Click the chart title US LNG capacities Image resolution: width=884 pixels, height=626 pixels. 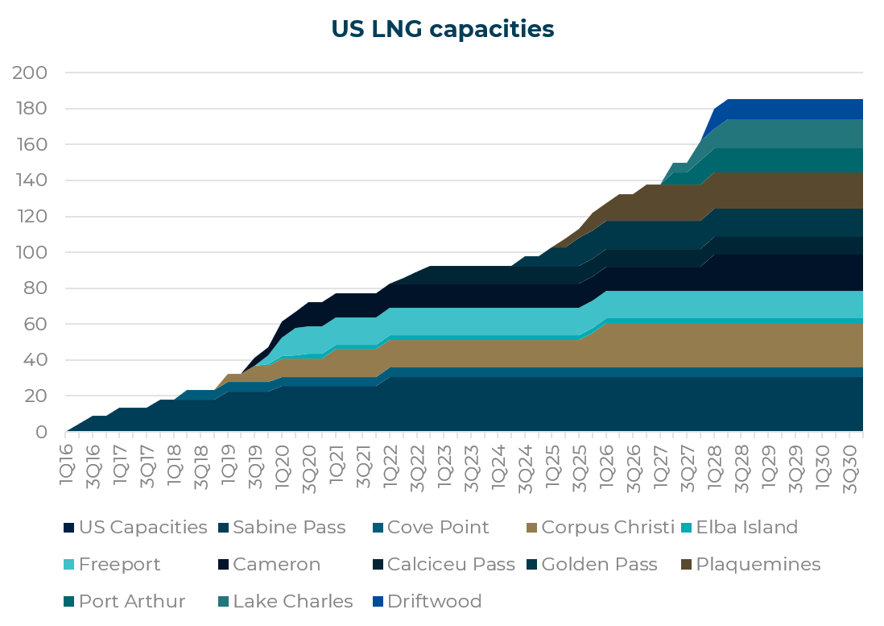(x=442, y=29)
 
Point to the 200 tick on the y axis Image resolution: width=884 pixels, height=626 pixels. (x=31, y=73)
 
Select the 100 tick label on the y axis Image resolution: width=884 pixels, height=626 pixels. (x=31, y=253)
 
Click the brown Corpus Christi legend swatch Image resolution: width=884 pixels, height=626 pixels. (x=531, y=529)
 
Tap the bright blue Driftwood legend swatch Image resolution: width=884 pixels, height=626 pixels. (x=378, y=602)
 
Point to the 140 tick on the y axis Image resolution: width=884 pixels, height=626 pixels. (x=31, y=181)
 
